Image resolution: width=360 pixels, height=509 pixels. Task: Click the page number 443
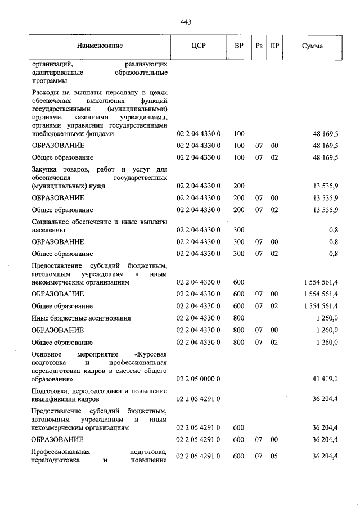186,22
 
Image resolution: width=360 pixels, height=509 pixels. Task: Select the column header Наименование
100,46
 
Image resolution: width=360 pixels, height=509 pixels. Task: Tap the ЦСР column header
199,46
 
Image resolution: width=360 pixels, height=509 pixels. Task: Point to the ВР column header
239,46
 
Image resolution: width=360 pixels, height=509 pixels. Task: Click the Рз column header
259,46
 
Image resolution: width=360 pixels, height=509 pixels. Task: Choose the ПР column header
274,46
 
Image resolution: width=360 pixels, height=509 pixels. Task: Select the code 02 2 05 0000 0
199,380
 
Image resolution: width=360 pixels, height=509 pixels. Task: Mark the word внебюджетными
56,134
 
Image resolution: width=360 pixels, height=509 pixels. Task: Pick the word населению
49,229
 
